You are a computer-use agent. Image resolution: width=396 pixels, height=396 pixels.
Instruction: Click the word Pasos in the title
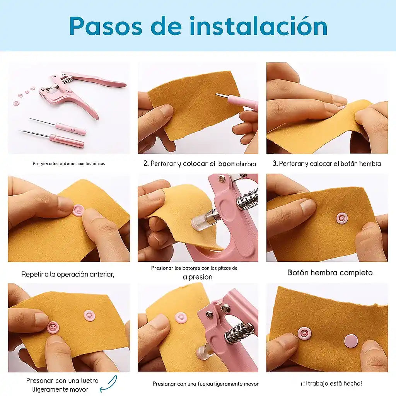(x=105, y=26)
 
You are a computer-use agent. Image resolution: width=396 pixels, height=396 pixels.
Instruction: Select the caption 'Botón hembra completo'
(x=329, y=273)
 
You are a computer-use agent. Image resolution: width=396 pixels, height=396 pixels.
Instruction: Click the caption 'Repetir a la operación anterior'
(x=68, y=275)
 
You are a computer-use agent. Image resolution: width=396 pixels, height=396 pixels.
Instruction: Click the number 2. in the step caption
(x=146, y=164)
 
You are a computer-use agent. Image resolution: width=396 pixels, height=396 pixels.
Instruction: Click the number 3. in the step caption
(x=275, y=164)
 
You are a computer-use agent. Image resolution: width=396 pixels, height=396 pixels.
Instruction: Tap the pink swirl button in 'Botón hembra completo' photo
(x=342, y=218)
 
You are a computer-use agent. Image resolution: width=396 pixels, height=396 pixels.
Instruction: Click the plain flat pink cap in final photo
(x=351, y=341)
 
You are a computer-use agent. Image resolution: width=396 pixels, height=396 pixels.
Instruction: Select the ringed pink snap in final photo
(x=304, y=333)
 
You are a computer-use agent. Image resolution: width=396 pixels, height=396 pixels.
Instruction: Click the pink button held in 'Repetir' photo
(x=79, y=210)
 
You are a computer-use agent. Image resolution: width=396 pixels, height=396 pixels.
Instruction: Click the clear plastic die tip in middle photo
(x=198, y=222)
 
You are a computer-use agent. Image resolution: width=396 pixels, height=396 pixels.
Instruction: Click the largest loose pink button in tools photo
(x=16, y=103)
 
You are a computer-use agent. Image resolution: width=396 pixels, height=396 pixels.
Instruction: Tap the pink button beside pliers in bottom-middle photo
(x=181, y=317)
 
